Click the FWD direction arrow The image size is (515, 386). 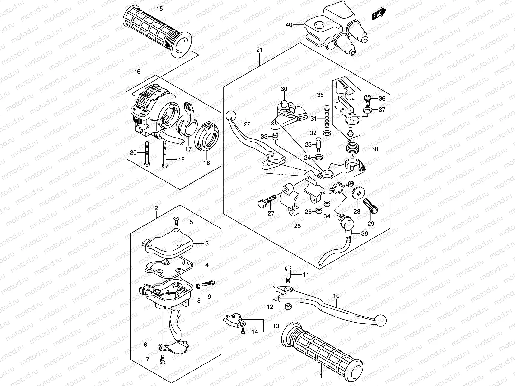(x=379, y=14)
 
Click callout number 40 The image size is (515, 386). (x=289, y=24)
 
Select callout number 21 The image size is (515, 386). (x=259, y=50)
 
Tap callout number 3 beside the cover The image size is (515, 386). (x=207, y=244)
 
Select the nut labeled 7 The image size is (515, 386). (x=163, y=361)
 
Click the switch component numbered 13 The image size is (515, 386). (x=233, y=320)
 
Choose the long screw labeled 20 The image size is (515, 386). (x=147, y=154)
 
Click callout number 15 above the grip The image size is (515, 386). (x=160, y=8)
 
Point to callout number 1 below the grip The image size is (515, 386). (x=321, y=375)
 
